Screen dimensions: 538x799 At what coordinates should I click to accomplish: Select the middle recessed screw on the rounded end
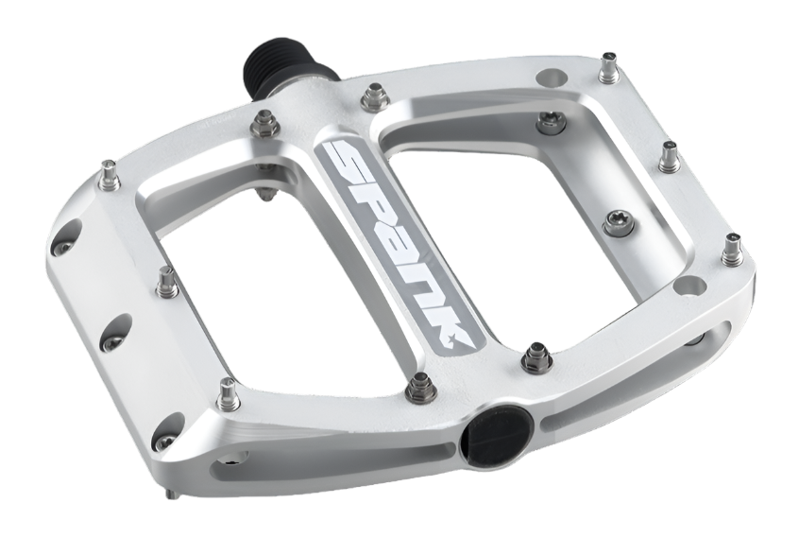tap(111, 342)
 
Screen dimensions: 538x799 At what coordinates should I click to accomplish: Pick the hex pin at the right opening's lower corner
tap(536, 357)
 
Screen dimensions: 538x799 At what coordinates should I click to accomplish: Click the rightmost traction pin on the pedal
tap(732, 252)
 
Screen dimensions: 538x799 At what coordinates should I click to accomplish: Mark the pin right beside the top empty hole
tap(606, 68)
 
